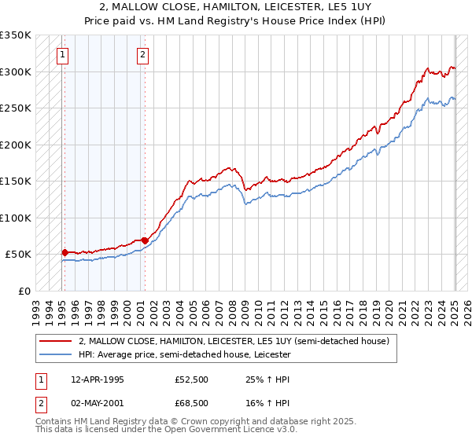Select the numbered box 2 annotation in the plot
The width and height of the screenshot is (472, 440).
(142, 55)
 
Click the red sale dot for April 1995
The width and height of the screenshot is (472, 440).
(65, 252)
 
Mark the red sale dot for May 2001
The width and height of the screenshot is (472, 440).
(144, 240)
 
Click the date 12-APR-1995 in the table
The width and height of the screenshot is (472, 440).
(97, 379)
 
